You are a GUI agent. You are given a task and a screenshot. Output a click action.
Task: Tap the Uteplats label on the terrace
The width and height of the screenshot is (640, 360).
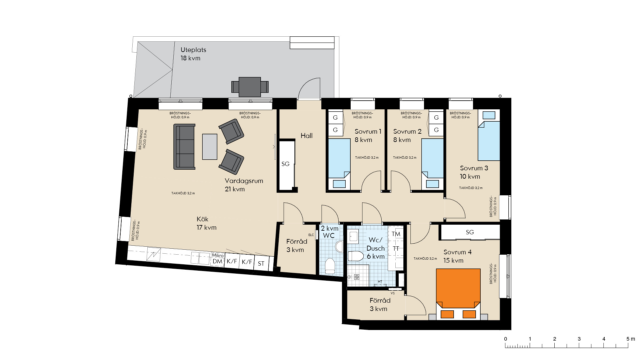[x=193, y=50]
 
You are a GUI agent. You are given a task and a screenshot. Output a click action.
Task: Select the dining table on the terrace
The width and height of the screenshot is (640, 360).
[x=250, y=87]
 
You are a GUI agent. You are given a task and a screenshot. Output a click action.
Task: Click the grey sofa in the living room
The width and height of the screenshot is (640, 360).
[x=184, y=147]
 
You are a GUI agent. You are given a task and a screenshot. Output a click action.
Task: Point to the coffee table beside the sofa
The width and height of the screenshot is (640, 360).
[x=210, y=147]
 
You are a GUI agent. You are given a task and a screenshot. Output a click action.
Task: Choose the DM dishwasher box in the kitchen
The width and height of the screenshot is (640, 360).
[x=218, y=261]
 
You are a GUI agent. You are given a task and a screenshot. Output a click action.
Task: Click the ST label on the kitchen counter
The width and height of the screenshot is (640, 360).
[x=261, y=264]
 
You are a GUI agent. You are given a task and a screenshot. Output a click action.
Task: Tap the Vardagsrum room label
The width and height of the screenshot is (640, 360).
[x=244, y=181]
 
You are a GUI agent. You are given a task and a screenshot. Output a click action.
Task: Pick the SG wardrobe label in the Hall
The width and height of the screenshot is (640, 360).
[x=285, y=164]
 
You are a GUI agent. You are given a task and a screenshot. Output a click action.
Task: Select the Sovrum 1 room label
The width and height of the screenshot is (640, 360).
[x=368, y=132]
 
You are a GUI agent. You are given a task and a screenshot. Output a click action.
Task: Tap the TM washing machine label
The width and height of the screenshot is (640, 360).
[x=396, y=234]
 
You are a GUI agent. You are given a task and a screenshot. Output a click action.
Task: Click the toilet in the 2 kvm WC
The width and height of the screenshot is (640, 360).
[x=330, y=266]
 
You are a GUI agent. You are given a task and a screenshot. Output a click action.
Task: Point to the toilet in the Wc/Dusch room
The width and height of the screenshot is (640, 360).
[x=356, y=256]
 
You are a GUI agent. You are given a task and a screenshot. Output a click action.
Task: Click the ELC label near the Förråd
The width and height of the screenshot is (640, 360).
[x=311, y=235]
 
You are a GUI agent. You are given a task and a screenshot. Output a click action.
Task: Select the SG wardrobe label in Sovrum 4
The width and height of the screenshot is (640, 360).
[x=470, y=232]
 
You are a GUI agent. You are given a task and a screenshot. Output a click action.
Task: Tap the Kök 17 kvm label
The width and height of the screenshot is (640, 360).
[x=206, y=223]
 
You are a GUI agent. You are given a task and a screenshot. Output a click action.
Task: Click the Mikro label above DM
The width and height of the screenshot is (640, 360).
[x=218, y=255]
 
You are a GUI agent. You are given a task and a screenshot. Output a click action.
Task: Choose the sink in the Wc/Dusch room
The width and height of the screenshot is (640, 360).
[x=353, y=237]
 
